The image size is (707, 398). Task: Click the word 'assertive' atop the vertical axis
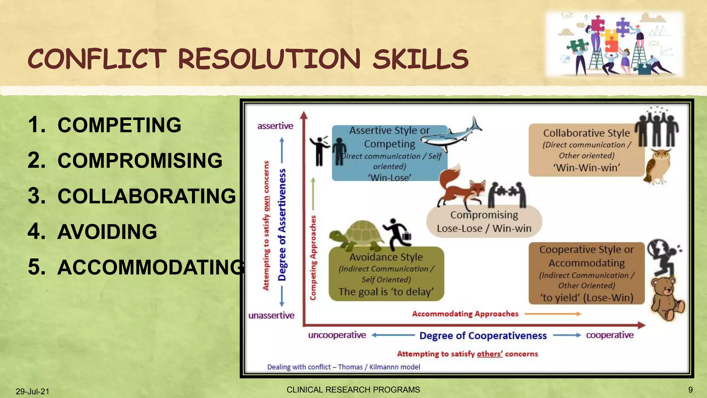tap(275, 126)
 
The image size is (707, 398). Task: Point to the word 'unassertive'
tap(271, 315)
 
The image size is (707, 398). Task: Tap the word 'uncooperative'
tap(337, 335)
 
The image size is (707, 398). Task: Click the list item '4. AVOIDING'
tap(93, 231)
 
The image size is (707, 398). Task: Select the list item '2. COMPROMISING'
tap(125, 161)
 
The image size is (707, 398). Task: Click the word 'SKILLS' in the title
tap(420, 59)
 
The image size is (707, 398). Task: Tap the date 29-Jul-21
tap(32, 391)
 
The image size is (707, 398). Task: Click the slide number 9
tap(690, 390)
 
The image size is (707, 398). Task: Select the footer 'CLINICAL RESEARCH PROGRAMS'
tap(353, 390)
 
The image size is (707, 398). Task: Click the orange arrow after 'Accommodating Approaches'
tap(553, 314)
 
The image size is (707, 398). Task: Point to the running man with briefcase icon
tap(398, 234)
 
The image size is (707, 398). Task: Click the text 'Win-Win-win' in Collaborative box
tap(587, 168)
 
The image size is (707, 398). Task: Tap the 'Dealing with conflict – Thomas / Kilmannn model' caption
tap(343, 367)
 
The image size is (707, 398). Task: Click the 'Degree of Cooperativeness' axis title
tap(483, 335)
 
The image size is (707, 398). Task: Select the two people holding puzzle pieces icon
tap(507, 195)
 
